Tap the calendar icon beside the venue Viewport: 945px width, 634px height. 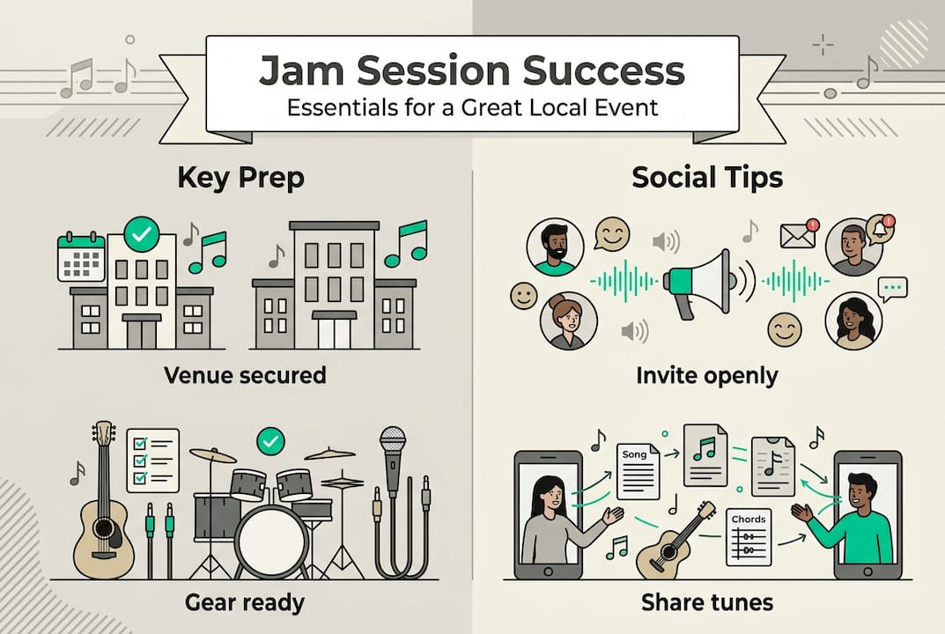(81, 257)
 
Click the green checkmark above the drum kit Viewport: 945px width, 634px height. (270, 440)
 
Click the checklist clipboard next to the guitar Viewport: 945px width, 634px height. (152, 459)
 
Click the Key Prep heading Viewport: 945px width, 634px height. (240, 178)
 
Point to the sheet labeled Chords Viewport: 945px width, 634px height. (748, 536)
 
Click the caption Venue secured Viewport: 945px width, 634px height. (245, 376)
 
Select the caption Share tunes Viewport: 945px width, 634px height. (706, 603)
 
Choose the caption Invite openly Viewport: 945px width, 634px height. (706, 376)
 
